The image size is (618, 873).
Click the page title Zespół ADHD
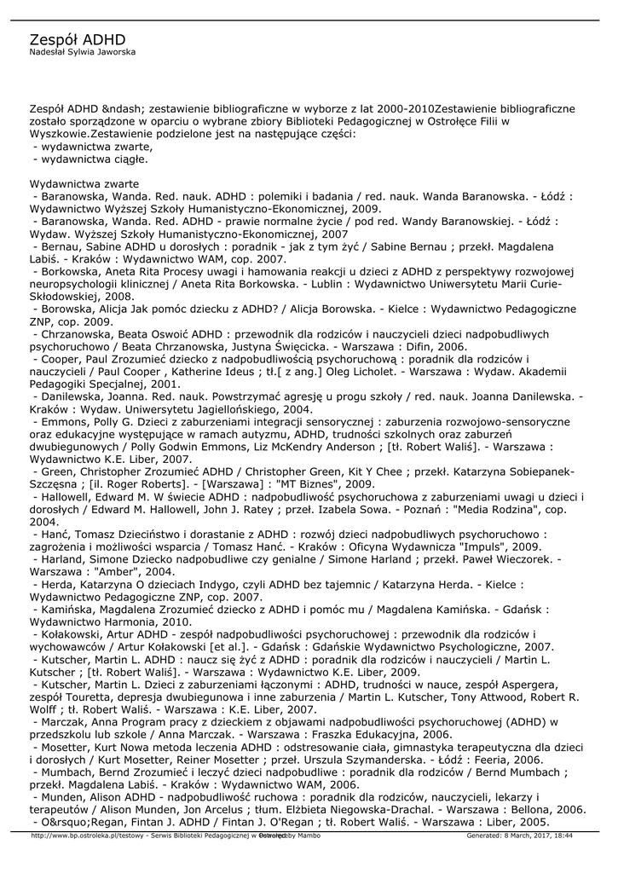pos(78,40)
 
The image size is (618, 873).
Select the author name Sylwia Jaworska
pos(104,52)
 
